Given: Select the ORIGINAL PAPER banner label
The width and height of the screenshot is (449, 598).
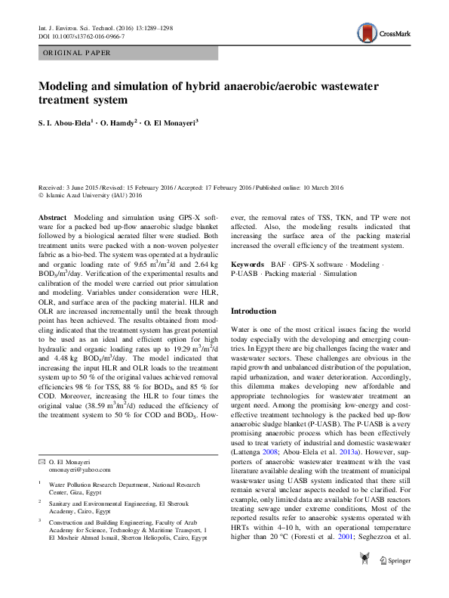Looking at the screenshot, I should pos(76,53).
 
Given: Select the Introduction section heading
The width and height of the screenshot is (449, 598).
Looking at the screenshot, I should pos(254,311).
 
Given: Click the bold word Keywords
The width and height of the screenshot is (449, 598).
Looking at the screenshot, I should pos(249,265).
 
